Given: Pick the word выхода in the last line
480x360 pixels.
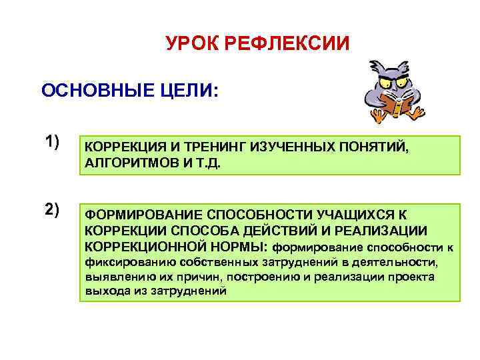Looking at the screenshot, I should [104, 291].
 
